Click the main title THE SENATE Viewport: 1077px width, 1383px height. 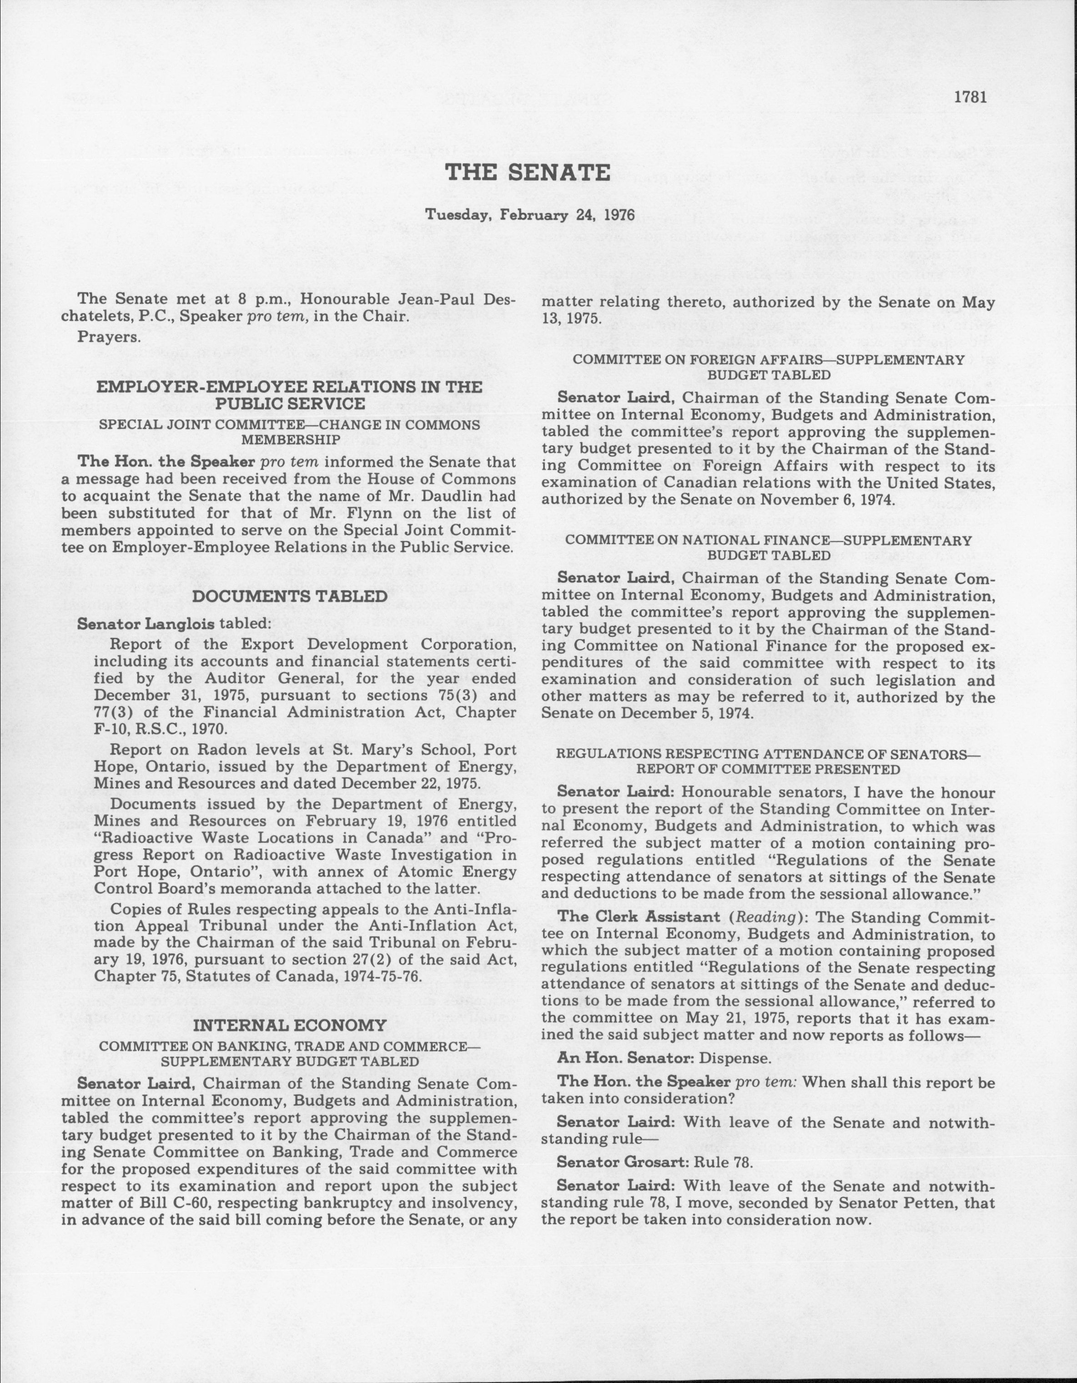point(528,172)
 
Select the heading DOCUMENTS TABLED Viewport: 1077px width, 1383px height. point(289,596)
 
